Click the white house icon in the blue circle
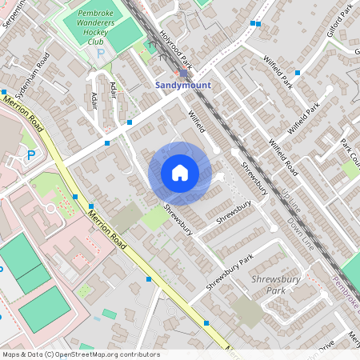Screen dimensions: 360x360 (179, 172)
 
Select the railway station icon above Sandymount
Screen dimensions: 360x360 (183, 72)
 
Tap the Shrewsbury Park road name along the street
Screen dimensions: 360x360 (229, 272)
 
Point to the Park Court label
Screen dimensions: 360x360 (350, 151)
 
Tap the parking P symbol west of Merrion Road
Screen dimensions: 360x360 (30, 155)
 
